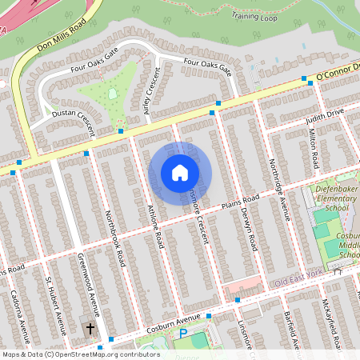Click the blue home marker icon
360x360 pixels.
point(180,173)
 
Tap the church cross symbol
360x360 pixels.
point(90,328)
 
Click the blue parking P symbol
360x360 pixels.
point(182,332)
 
